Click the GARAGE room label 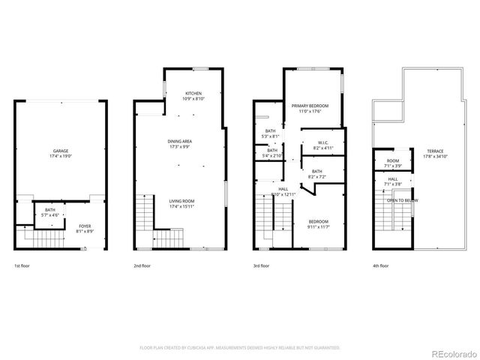[x=61, y=151]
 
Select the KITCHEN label [x=193, y=93]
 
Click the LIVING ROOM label [x=181, y=201]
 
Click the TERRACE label [x=436, y=151]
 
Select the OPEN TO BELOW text [x=402, y=201]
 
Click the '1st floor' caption [x=22, y=266]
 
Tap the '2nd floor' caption [x=142, y=266]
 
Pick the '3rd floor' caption [x=262, y=266]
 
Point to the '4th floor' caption [x=380, y=266]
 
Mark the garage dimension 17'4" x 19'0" [x=61, y=156]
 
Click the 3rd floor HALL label [x=283, y=189]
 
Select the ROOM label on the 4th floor [x=393, y=161]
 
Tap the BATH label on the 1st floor [x=50, y=210]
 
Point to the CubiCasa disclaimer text [x=240, y=348]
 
